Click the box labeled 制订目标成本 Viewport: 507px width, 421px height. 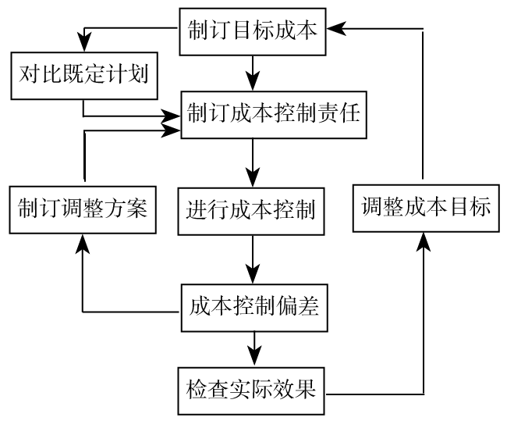[x=252, y=31]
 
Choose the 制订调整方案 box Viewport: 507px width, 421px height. [x=82, y=209]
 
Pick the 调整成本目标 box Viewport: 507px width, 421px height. [x=426, y=208]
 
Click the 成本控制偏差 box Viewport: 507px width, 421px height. [x=253, y=306]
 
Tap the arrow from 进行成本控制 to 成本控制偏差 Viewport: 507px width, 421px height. [x=252, y=258]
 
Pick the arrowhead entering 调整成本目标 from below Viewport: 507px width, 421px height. [x=425, y=241]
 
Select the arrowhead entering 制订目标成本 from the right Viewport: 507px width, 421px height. [x=335, y=29]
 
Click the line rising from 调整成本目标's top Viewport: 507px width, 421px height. [x=425, y=109]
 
